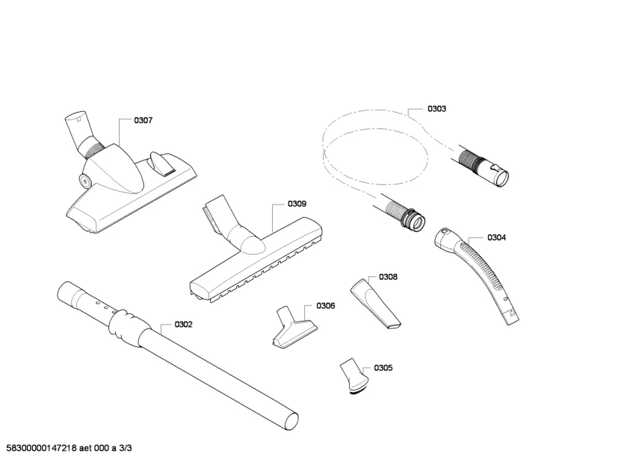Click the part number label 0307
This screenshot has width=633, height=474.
[143, 120]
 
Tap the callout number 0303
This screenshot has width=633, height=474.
[436, 109]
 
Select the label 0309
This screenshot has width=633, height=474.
[297, 204]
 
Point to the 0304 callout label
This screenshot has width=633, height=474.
[496, 238]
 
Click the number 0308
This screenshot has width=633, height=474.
[388, 277]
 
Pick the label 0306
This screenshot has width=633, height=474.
[325, 306]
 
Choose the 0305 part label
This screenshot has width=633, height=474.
[383, 368]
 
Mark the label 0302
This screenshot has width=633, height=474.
[183, 325]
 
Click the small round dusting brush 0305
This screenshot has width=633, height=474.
[353, 376]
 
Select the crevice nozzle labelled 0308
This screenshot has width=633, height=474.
[374, 302]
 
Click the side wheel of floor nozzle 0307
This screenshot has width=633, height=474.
[84, 179]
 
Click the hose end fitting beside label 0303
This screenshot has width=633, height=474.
[496, 172]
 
